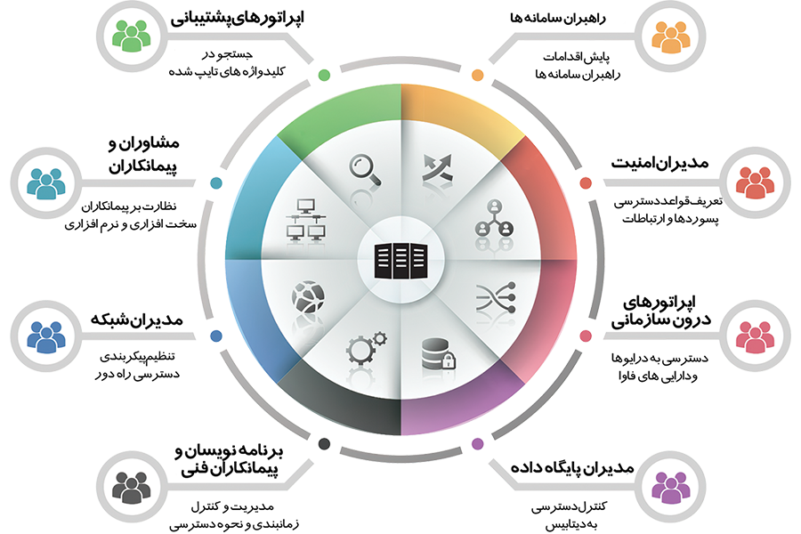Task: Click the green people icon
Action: coord(132,36)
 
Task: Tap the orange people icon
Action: coord(672,36)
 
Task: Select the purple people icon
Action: coord(672,487)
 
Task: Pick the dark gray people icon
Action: coord(132,487)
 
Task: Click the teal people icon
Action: coord(46,182)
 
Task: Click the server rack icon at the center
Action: coord(400,261)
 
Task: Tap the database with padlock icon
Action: coord(438,353)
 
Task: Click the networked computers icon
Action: coord(305,220)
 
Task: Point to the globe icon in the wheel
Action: coord(308,296)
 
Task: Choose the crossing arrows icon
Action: coord(437,168)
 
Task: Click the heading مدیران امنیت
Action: coord(659,163)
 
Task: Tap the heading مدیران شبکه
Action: coord(136,320)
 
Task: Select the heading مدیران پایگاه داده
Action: coord(572,467)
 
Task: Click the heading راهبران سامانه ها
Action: coord(558,19)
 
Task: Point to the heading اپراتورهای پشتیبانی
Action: coord(237,19)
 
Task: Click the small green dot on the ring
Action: coord(324,75)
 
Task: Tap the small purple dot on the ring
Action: coord(478,443)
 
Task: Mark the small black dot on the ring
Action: coord(324,443)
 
